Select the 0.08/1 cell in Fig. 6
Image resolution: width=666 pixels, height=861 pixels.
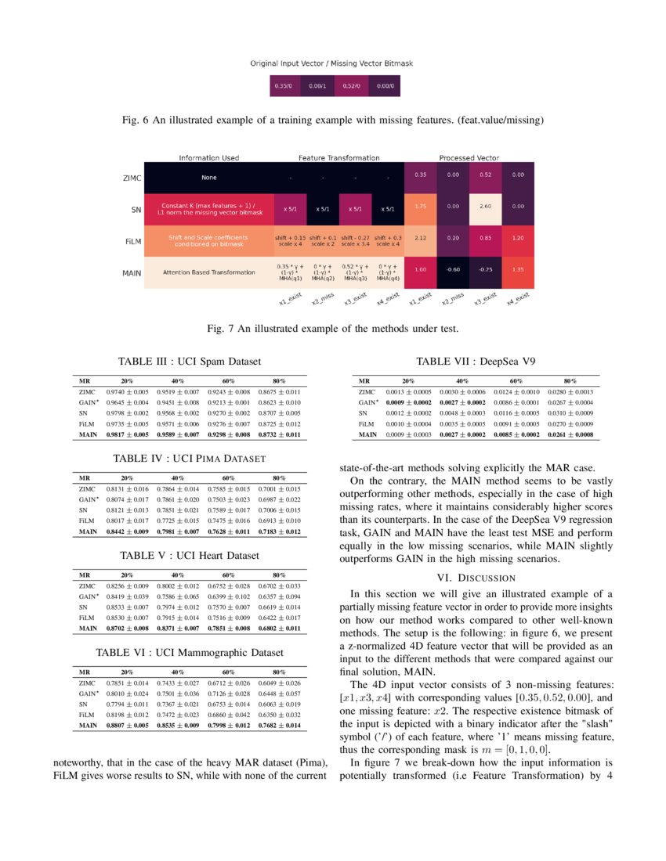(x=317, y=85)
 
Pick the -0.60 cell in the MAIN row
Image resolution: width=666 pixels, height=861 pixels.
(x=453, y=270)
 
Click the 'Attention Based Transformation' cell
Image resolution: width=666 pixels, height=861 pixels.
(x=208, y=272)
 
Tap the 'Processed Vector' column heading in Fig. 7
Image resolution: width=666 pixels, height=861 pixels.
(x=469, y=158)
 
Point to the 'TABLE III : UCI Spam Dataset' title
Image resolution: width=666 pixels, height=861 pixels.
(x=189, y=362)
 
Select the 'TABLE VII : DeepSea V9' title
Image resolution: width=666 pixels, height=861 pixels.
(x=477, y=362)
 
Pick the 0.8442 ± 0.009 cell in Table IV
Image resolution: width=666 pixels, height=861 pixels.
(x=127, y=531)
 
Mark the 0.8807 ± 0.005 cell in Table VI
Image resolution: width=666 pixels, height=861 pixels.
(x=127, y=726)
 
